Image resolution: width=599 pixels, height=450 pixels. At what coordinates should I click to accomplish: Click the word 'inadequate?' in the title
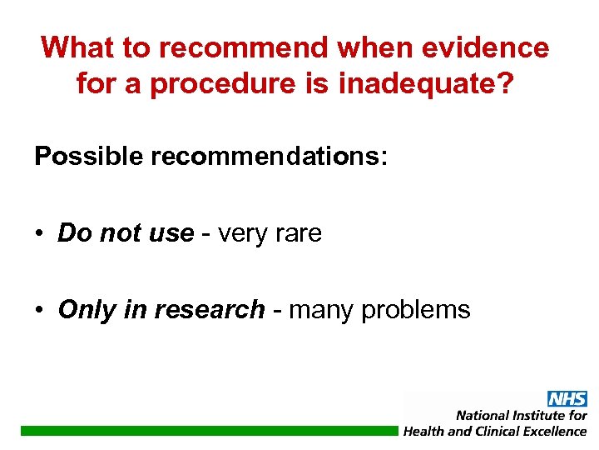click(x=433, y=84)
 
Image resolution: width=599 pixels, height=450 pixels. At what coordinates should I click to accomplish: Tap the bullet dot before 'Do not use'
click(x=41, y=234)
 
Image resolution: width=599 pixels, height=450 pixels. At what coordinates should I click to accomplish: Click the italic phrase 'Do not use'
click(x=126, y=233)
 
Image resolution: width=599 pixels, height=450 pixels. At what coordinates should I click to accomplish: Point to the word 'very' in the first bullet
click(x=241, y=234)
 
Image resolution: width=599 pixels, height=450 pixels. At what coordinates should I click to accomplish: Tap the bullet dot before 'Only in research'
click(x=41, y=311)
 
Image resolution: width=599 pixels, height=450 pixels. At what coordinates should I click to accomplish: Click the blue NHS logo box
click(x=567, y=398)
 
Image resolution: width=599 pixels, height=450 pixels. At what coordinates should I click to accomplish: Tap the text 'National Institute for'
click(x=521, y=415)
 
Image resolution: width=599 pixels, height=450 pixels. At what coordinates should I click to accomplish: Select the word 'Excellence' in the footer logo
click(x=550, y=431)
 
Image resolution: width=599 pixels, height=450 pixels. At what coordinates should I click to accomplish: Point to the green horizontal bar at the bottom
click(x=208, y=431)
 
